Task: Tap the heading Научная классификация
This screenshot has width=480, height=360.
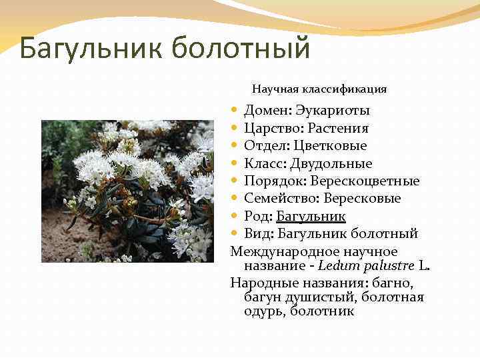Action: click(x=319, y=88)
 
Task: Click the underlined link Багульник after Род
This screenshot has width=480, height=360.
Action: click(x=311, y=216)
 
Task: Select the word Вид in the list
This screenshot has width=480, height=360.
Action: click(x=257, y=234)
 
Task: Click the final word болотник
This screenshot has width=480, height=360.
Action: click(x=322, y=311)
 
